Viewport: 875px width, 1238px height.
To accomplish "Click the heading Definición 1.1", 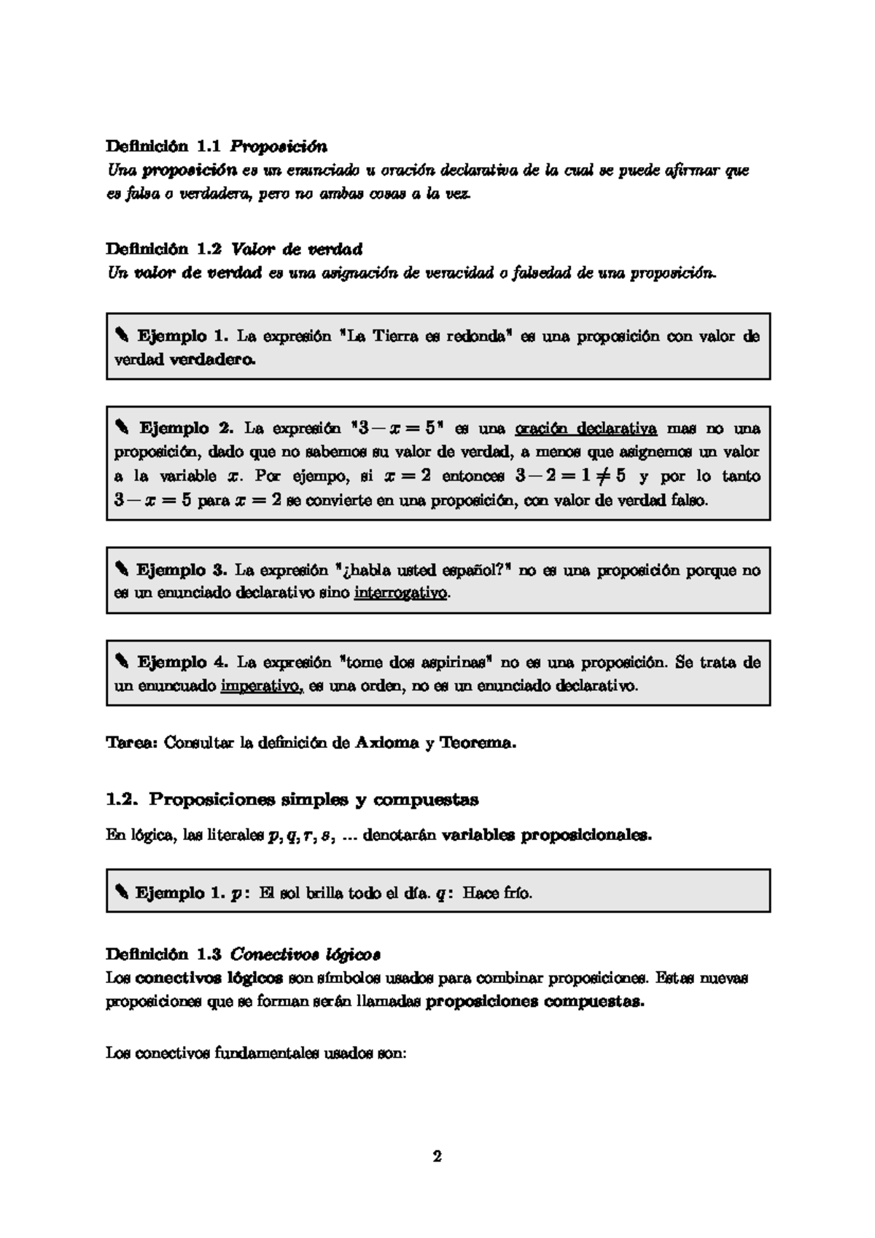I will [x=164, y=146].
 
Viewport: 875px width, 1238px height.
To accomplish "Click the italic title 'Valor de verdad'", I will [x=296, y=249].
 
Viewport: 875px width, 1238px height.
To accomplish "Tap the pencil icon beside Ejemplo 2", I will [x=121, y=428].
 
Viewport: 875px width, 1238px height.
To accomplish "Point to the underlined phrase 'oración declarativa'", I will [x=586, y=428].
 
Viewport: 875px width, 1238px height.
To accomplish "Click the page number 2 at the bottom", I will [x=437, y=1156].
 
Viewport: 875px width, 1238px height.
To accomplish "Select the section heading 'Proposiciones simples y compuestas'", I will [x=314, y=800].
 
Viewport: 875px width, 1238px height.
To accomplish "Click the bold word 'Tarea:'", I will [x=132, y=743].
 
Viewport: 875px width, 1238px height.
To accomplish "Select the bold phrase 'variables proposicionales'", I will [x=546, y=836].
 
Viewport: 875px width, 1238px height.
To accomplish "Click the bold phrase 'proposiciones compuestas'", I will [x=534, y=1002].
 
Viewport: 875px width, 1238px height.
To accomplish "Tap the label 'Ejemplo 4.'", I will [x=183, y=663].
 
